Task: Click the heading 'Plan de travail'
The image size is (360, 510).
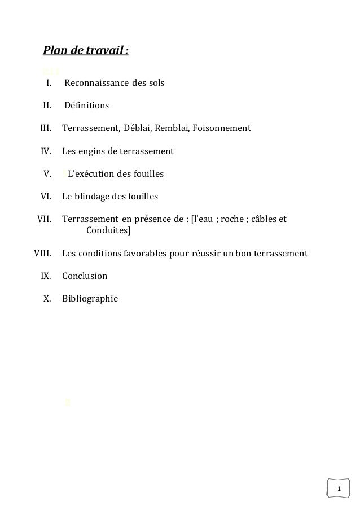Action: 85,53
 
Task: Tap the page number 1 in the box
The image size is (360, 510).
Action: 339,489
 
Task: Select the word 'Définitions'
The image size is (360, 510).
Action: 87,106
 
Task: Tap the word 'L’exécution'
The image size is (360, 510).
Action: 90,174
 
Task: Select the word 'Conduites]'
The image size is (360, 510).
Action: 108,230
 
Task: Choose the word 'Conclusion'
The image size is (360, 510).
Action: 85,277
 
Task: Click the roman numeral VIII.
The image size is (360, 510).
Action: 43,254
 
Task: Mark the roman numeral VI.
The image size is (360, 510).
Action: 46,197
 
